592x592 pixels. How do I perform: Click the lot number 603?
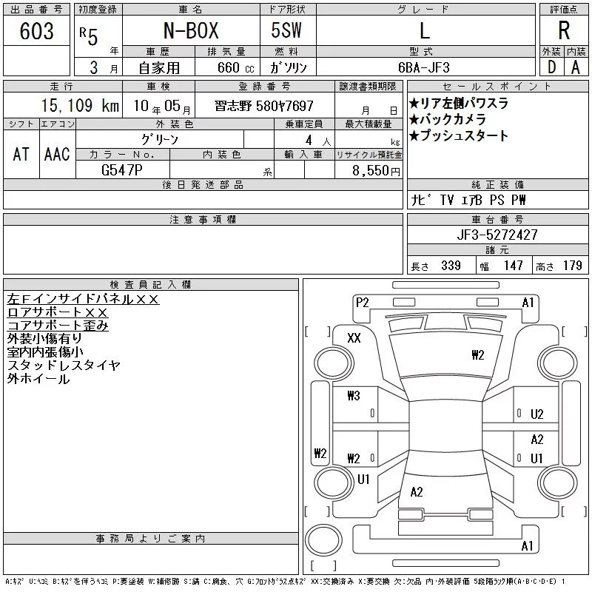[x=36, y=31]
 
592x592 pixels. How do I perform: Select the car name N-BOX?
[x=191, y=30]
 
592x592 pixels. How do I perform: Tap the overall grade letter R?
[x=564, y=30]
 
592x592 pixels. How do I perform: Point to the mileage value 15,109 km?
[x=80, y=105]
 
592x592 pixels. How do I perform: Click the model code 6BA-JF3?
[x=424, y=67]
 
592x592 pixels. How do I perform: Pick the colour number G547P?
[x=122, y=170]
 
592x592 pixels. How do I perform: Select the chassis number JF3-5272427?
[x=497, y=235]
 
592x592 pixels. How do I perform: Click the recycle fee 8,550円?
[x=376, y=171]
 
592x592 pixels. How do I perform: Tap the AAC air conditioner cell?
[x=57, y=154]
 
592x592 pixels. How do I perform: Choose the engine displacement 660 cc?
[x=235, y=67]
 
